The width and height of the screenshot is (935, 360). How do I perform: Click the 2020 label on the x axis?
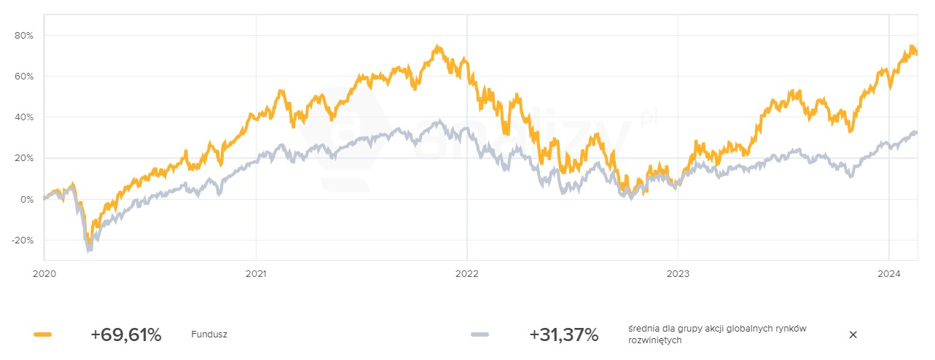[x=44, y=275]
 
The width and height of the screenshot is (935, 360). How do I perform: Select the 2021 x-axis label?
[x=256, y=275]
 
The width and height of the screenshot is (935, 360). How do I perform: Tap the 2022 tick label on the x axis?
[x=466, y=275]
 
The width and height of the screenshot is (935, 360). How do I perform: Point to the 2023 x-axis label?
[x=678, y=275]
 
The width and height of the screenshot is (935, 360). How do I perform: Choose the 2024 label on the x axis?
[x=888, y=275]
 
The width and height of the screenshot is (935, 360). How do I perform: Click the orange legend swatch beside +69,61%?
[x=43, y=334]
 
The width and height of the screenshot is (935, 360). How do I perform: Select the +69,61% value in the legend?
[x=125, y=334]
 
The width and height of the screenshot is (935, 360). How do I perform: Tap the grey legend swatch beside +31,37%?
[x=480, y=334]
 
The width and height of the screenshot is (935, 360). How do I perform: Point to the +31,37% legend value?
[x=563, y=334]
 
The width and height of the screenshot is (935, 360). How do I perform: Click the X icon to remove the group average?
[x=853, y=334]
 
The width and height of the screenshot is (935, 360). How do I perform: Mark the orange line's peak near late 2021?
[x=437, y=47]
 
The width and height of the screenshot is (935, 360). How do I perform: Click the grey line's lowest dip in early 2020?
[x=89, y=249]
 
